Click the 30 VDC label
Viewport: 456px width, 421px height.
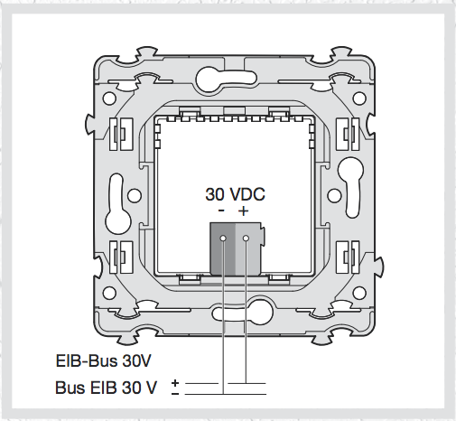pyautogui.click(x=235, y=194)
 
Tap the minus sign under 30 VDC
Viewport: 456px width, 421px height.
pyautogui.click(x=221, y=210)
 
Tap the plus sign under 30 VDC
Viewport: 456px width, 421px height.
pyautogui.click(x=243, y=210)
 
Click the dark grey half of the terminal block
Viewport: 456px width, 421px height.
pyautogui.click(x=222, y=248)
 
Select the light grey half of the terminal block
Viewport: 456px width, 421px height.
pyautogui.click(x=248, y=248)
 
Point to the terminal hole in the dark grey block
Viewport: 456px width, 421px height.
pyautogui.click(x=223, y=239)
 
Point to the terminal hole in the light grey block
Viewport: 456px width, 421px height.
pyautogui.click(x=246, y=239)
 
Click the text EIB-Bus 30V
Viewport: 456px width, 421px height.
pyautogui.click(x=103, y=360)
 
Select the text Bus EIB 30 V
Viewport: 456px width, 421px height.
pyautogui.click(x=106, y=388)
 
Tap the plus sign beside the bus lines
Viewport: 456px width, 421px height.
pyautogui.click(x=175, y=383)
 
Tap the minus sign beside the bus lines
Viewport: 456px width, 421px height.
pyautogui.click(x=175, y=394)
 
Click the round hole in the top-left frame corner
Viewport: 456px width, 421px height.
pyautogui.click(x=109, y=98)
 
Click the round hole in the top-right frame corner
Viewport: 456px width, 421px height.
pyautogui.click(x=359, y=98)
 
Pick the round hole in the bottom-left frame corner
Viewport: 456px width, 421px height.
pyautogui.click(x=109, y=293)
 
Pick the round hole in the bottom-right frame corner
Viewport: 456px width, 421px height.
pyautogui.click(x=359, y=293)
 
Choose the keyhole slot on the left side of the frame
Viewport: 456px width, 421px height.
pyautogui.click(x=118, y=204)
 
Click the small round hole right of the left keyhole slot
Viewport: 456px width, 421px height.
pyautogui.click(x=135, y=195)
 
